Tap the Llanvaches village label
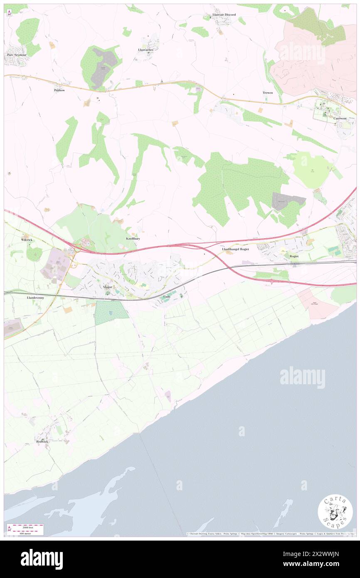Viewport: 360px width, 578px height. tap(146, 49)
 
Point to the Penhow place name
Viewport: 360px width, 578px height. tap(59, 90)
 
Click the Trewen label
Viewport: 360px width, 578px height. tap(268, 93)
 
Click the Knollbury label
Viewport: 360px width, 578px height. tap(133, 239)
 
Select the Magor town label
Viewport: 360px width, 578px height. tap(108, 287)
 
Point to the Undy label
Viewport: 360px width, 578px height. tap(167, 296)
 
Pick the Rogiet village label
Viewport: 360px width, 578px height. tap(294, 257)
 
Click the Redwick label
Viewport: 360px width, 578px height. tap(42, 441)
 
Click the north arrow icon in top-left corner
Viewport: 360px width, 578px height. tap(10, 12)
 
